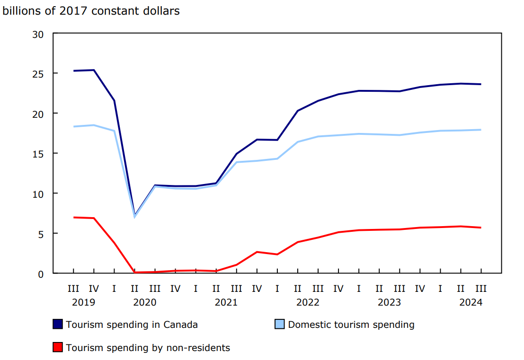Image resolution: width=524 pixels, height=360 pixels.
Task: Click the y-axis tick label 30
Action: point(38,34)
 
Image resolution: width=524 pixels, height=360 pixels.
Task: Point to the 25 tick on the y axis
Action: point(38,74)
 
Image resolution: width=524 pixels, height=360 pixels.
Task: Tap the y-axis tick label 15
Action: point(38,154)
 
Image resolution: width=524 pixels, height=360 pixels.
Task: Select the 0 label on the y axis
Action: point(41,273)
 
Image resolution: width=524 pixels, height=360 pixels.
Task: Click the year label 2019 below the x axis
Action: point(83,302)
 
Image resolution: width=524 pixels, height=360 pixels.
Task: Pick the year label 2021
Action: point(226,302)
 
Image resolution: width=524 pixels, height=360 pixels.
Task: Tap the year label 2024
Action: point(471,302)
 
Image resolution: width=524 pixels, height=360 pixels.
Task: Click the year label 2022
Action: point(308,302)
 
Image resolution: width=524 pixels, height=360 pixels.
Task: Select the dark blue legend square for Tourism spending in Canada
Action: point(58,325)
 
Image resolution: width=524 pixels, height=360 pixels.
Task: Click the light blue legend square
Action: point(280,325)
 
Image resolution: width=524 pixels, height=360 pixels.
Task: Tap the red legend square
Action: point(58,348)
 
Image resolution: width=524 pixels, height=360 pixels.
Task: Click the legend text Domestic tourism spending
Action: point(351,325)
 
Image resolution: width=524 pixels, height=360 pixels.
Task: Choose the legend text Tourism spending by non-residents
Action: point(148,348)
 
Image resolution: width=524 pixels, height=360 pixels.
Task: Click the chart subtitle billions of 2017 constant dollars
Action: point(91,11)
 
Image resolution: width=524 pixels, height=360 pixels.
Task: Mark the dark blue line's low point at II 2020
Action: point(135,215)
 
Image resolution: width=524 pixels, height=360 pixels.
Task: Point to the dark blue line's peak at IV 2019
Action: point(94,70)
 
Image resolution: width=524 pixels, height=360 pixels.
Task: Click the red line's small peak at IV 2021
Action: point(257,252)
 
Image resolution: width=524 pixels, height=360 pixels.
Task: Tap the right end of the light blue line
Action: point(481,130)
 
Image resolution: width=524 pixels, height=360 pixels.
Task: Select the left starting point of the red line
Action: point(73,218)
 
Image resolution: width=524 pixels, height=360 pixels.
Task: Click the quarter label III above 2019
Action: point(73,288)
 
